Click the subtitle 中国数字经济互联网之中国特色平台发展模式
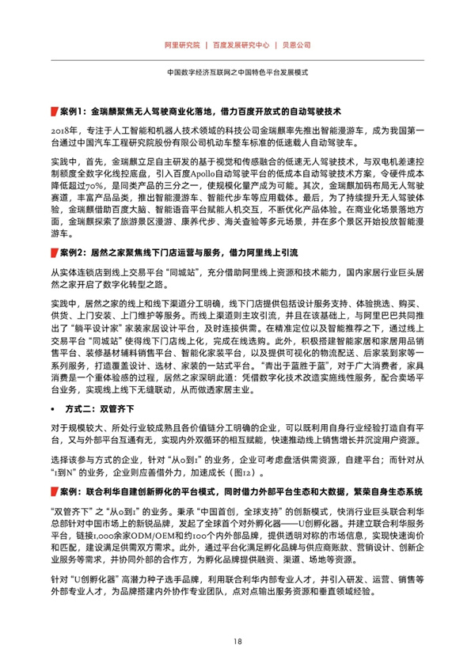pyautogui.click(x=237, y=71)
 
